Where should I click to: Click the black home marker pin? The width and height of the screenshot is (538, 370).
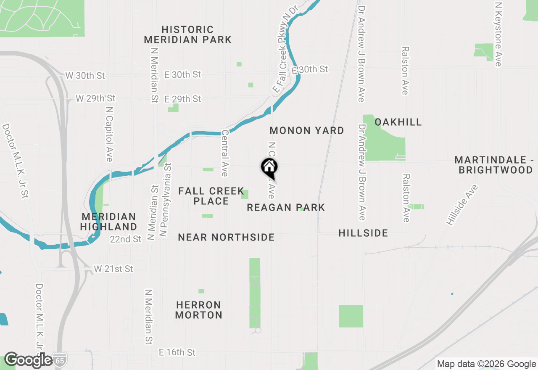269,167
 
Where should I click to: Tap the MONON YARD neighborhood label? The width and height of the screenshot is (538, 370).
307,130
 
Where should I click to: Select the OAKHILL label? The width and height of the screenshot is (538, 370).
398,122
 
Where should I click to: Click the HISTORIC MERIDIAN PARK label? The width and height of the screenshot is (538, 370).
187,35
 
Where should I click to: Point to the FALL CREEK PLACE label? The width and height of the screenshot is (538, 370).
211,196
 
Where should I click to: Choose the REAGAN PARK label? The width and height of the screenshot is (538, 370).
286,207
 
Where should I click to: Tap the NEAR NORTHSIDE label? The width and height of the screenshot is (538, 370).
226,238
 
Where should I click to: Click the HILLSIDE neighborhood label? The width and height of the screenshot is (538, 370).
363,233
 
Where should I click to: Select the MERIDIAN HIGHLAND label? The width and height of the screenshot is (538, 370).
109,222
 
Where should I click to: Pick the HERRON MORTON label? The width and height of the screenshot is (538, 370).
198,310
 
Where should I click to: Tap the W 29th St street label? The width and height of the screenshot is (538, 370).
95,98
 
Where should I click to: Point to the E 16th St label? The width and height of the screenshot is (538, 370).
177,352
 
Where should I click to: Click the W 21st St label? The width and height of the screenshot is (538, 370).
113,269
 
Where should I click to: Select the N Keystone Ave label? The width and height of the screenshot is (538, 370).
498,34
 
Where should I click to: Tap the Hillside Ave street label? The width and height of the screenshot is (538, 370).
463,205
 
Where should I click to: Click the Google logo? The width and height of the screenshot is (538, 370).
28,360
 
